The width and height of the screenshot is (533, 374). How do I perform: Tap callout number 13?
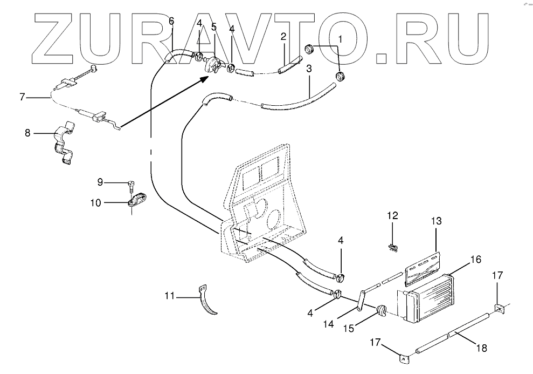[436, 221]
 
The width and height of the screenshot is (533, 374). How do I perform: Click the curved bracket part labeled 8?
[64, 145]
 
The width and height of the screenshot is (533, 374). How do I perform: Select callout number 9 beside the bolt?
[100, 182]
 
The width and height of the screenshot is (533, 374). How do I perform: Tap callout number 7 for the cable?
[22, 97]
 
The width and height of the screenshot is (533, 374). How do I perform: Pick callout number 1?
[340, 39]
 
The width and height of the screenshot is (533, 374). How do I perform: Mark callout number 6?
[171, 22]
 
